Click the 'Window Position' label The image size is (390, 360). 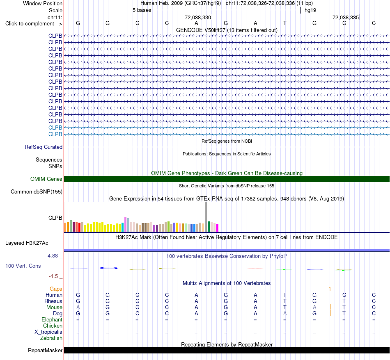pos(43,3)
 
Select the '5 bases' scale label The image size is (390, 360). pos(142,10)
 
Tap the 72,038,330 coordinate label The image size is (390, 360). pos(198,17)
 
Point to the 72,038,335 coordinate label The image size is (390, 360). pos(346,17)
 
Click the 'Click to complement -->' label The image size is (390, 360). pos(34,24)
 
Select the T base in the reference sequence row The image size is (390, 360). pos(285,23)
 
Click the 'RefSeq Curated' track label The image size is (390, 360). pos(44,147)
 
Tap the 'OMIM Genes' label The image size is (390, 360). pos(46,179)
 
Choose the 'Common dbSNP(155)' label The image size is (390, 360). pos(37,192)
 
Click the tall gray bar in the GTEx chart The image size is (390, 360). pos(206,216)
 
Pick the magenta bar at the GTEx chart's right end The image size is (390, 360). pos(218,228)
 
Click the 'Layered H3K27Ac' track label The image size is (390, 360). pos(27,243)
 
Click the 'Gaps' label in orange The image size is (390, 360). pos(56,289)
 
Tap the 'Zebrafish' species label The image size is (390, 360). pos(51,338)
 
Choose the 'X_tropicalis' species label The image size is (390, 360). pos(48,332)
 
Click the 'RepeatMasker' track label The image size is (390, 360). pos(45,350)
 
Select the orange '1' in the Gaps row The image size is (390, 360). pos(330,289)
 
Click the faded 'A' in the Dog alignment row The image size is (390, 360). pos(285,314)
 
